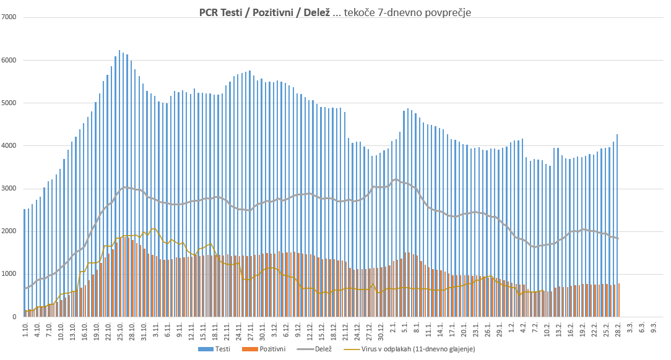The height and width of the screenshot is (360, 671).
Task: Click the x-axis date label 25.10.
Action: (120, 328)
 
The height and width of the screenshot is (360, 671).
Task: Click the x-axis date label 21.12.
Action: (345, 328)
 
